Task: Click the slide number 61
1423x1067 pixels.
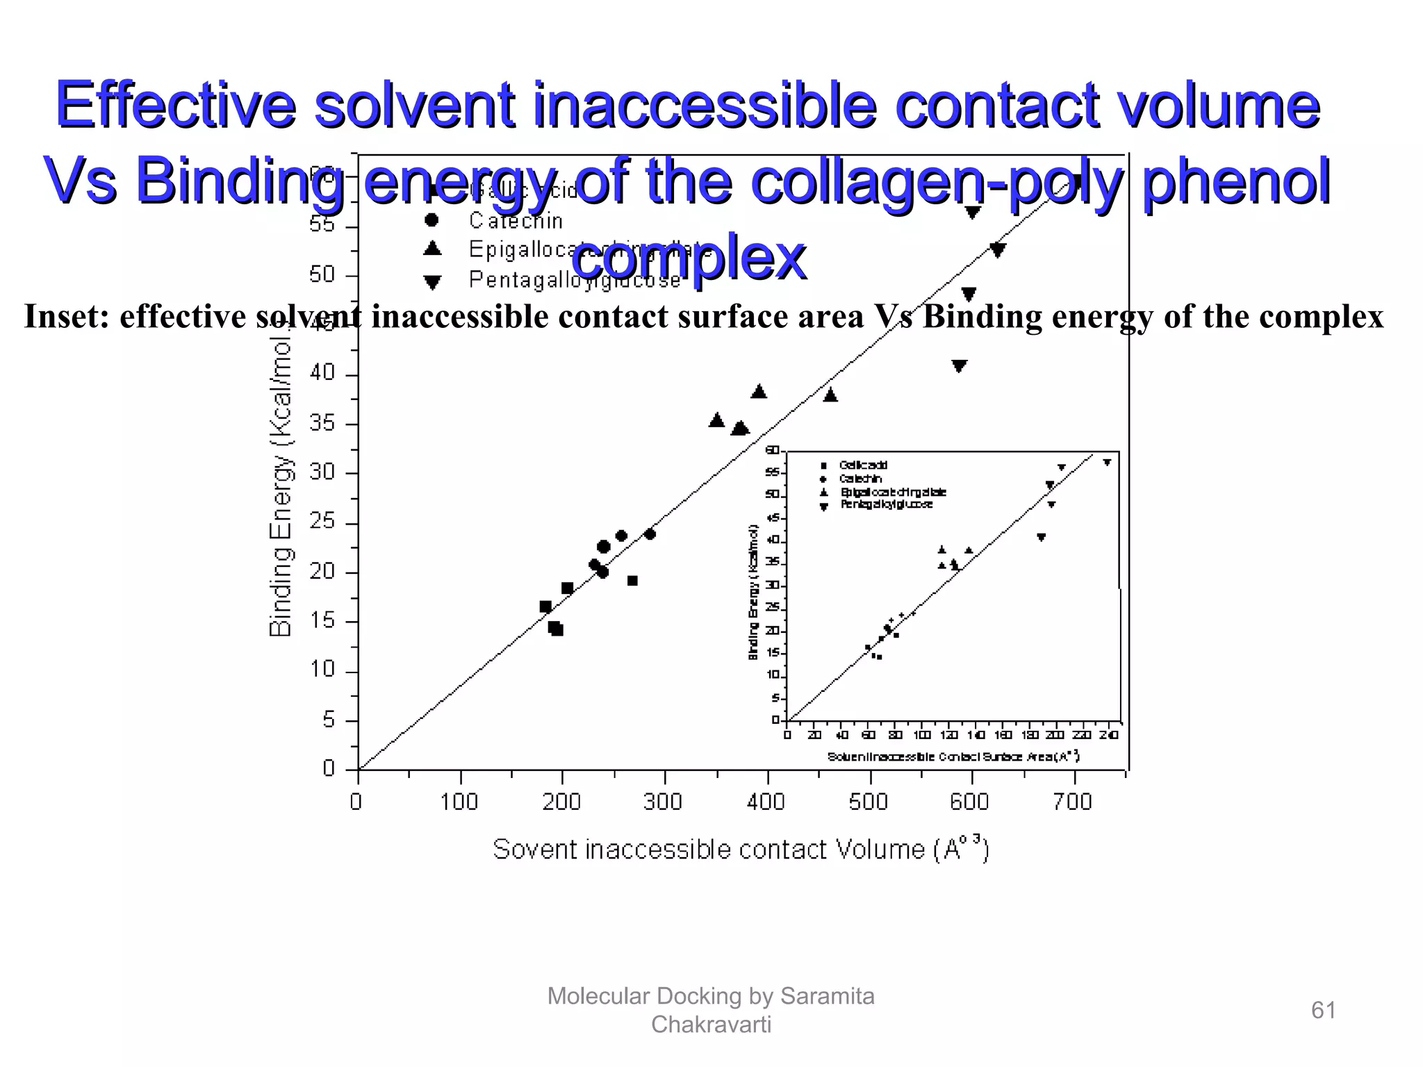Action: coord(1323,1010)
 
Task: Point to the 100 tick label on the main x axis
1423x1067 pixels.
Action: coord(459,802)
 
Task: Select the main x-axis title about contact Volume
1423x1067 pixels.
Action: coord(740,850)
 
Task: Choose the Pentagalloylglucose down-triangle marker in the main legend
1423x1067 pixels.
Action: coord(432,281)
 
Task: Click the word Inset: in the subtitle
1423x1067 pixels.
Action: coord(67,317)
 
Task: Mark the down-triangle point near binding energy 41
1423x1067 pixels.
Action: coord(960,365)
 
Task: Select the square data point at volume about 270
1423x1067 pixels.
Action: coord(632,581)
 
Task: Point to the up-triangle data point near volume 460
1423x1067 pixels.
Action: coord(830,395)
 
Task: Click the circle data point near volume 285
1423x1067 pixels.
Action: coord(650,533)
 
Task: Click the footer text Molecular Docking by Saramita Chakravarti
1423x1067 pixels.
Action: coord(711,1010)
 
